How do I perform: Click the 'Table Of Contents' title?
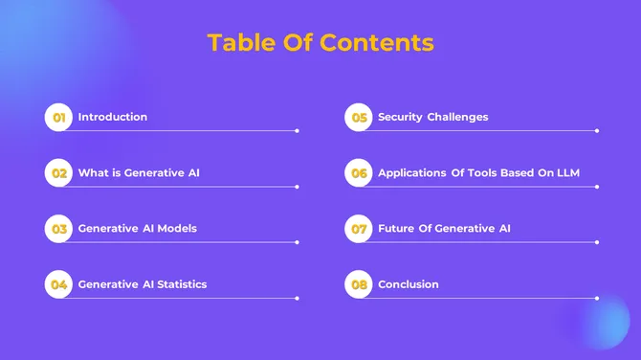tap(320, 43)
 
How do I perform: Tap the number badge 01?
tap(58, 118)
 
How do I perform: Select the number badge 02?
tap(58, 173)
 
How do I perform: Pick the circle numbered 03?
tap(58, 229)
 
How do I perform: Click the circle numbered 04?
tap(58, 284)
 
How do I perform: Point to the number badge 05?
tap(359, 118)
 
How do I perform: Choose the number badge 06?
tap(359, 173)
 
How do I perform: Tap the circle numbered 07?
tap(359, 229)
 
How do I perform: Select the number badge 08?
tap(359, 284)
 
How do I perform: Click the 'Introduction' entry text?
tap(113, 117)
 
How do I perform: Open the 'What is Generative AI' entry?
tap(139, 173)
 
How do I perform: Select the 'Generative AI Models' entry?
tap(138, 229)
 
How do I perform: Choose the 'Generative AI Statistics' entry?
tap(143, 284)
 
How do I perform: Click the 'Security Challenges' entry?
tap(433, 117)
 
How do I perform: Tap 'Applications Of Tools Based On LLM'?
tap(478, 173)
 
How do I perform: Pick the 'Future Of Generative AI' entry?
tap(444, 229)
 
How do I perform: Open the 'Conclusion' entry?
tap(409, 284)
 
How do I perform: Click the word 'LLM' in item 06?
tap(566, 173)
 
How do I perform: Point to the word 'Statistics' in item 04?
tap(182, 284)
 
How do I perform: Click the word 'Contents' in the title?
tap(377, 43)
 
